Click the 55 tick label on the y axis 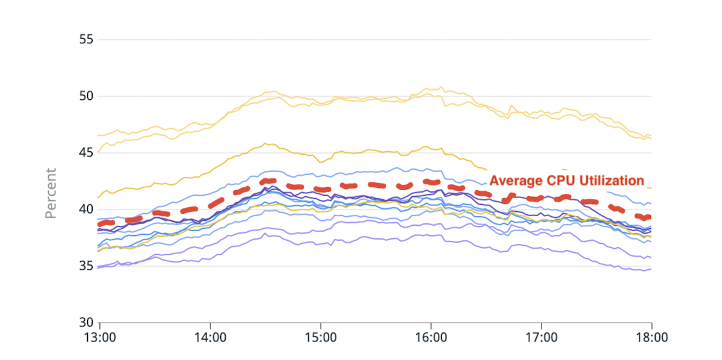click(x=87, y=40)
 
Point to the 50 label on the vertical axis click(x=87, y=96)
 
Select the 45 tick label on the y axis click(x=87, y=153)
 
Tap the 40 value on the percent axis click(x=87, y=209)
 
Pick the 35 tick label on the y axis click(x=87, y=266)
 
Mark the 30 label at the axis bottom click(x=87, y=323)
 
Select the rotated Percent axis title click(x=52, y=193)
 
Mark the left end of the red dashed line click(x=100, y=224)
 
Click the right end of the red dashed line click(x=650, y=217)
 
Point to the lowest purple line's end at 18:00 click(x=651, y=269)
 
